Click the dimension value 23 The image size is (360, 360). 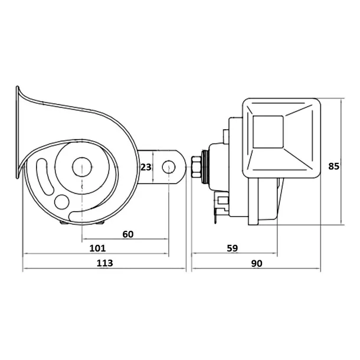pyautogui.click(x=146, y=167)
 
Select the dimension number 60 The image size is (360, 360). pyautogui.click(x=128, y=234)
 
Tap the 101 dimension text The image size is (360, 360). pyautogui.click(x=97, y=248)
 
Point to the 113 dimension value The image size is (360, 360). pyautogui.click(x=104, y=263)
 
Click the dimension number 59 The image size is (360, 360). pyautogui.click(x=233, y=248)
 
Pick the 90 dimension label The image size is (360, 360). pyautogui.click(x=257, y=263)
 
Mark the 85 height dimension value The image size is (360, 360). pyautogui.click(x=333, y=166)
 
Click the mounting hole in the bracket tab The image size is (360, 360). pyautogui.click(x=169, y=167)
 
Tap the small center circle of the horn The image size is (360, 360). pyautogui.click(x=82, y=167)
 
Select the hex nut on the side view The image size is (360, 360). pyautogui.click(x=196, y=167)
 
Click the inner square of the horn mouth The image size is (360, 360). pyautogui.click(x=268, y=132)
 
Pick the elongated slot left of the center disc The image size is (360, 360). pyautogui.click(x=45, y=177)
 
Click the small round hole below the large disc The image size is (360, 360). pyautogui.click(x=61, y=202)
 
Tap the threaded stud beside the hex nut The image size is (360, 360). pyautogui.click(x=205, y=167)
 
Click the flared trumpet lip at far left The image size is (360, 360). pyautogui.click(x=17, y=132)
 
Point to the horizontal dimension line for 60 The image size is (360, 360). pyautogui.click(x=125, y=239)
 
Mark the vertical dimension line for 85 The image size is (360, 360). pyautogui.click(x=341, y=161)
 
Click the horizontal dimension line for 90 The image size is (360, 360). pyautogui.click(x=256, y=268)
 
